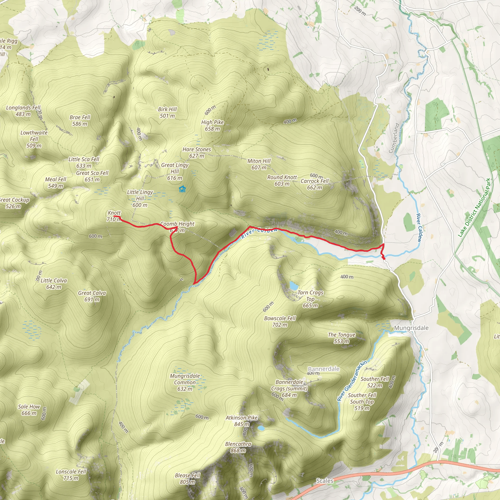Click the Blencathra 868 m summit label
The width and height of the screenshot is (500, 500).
pos(238,447)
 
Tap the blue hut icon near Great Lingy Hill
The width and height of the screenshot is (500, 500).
pos(182,189)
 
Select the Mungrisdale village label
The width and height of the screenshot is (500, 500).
pos(411,328)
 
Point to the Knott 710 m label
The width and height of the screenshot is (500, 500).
pos(114,216)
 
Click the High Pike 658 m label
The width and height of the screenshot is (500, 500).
pos(212,125)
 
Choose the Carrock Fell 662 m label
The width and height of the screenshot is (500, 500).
pos(314,184)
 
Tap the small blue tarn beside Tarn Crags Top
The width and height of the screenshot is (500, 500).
pos(293,286)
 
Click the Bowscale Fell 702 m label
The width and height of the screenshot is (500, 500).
pos(280,322)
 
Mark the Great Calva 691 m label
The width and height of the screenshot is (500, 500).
pos(92,296)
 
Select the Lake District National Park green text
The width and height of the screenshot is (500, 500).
pos(474,208)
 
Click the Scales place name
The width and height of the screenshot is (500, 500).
pos(324,480)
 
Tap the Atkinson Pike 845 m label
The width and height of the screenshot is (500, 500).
pos(241,421)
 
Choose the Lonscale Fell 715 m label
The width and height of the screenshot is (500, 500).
pos(71,475)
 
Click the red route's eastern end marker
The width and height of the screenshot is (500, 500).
pos(384,258)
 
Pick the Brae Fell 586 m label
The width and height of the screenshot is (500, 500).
pos(80,121)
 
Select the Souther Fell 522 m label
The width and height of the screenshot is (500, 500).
pos(375,382)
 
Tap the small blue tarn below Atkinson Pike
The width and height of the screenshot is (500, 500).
pos(261,428)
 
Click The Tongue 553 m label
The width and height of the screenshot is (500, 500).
pos(342,338)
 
